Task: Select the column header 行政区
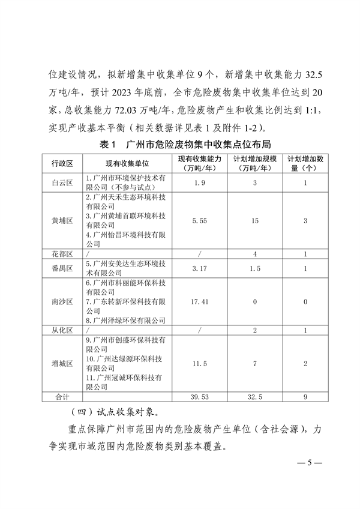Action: [x=62, y=163]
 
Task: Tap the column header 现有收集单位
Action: [x=127, y=163]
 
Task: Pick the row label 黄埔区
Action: [x=62, y=221]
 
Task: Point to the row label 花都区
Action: [x=62, y=254]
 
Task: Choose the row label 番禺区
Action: [x=62, y=268]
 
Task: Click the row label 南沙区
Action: [x=62, y=302]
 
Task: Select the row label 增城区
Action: [x=62, y=364]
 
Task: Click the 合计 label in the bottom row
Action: [x=62, y=397]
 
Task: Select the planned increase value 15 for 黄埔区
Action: [x=255, y=221]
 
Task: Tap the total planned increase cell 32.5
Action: [x=255, y=397]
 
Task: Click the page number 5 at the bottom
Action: [x=310, y=463]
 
